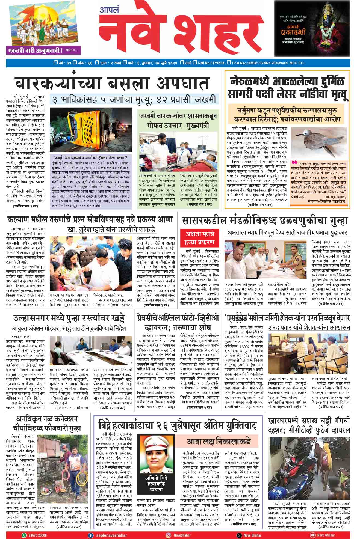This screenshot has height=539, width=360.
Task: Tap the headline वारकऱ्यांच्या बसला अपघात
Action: point(112,83)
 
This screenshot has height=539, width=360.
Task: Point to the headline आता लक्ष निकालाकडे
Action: point(219,441)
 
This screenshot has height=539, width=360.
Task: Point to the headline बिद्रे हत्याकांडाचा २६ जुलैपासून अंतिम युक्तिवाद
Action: point(178,426)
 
